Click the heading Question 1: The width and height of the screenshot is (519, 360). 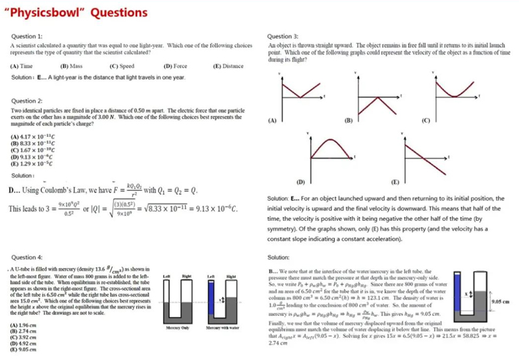(x=28, y=36)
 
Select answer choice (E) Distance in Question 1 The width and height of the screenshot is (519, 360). (x=228, y=66)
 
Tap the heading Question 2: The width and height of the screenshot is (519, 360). (x=28, y=101)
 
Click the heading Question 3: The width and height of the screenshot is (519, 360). (x=283, y=36)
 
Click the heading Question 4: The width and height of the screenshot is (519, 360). (x=28, y=257)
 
